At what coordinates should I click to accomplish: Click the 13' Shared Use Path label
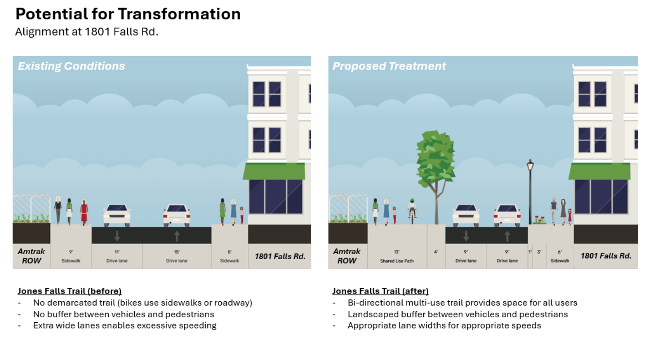pyautogui.click(x=397, y=256)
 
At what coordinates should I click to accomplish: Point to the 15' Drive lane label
pyautogui.click(x=176, y=256)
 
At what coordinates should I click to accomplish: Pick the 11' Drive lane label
pyautogui.click(x=117, y=256)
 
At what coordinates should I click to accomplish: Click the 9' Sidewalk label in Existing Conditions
pyautogui.click(x=71, y=256)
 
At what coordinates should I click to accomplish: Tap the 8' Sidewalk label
pyautogui.click(x=229, y=256)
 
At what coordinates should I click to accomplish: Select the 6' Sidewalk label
pyautogui.click(x=560, y=256)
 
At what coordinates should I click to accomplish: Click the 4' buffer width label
pyautogui.click(x=436, y=252)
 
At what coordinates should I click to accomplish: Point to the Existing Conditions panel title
pyautogui.click(x=71, y=66)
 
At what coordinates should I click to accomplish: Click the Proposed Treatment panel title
pyautogui.click(x=389, y=66)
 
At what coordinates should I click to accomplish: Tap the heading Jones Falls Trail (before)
pyautogui.click(x=70, y=291)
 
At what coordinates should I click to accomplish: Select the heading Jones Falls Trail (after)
pyautogui.click(x=380, y=291)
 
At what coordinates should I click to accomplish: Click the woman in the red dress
pyautogui.click(x=84, y=211)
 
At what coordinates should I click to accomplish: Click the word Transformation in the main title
pyautogui.click(x=179, y=14)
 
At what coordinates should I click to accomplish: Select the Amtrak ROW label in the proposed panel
pyautogui.click(x=347, y=256)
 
